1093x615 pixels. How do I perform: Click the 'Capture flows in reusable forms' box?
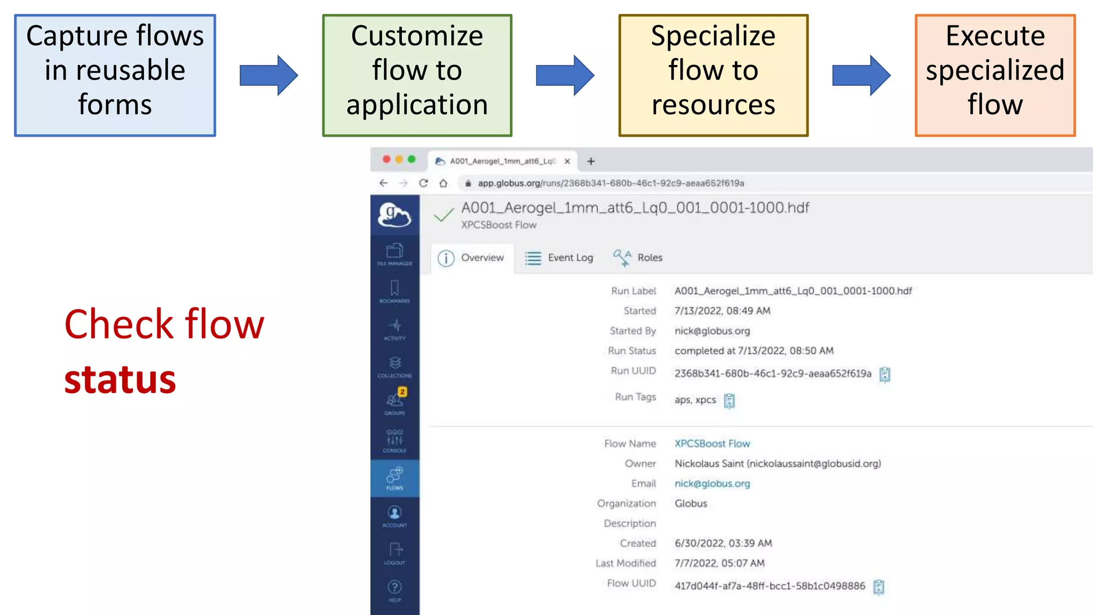click(115, 75)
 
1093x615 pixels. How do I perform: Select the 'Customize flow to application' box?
click(417, 75)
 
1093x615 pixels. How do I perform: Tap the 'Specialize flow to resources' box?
click(713, 75)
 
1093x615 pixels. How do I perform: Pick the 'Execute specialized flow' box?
click(995, 75)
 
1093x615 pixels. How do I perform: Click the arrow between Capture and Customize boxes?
click(268, 75)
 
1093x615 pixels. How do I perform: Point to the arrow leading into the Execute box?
click(861, 75)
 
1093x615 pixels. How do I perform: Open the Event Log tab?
click(559, 258)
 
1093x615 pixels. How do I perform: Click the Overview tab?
click(471, 258)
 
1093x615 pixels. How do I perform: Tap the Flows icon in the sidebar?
click(395, 478)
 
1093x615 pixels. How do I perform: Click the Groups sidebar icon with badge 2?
click(395, 402)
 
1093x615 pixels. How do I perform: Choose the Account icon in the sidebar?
click(395, 515)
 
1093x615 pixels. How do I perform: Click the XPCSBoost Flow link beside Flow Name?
click(712, 444)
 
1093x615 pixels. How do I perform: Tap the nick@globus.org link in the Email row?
click(712, 484)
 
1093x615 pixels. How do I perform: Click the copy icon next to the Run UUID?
click(885, 374)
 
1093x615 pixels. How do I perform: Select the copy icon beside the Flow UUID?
click(878, 587)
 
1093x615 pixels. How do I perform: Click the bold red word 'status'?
click(120, 380)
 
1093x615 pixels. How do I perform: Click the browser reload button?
click(423, 183)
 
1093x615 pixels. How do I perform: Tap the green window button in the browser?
click(411, 159)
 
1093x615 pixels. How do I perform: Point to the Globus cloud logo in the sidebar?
click(394, 215)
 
